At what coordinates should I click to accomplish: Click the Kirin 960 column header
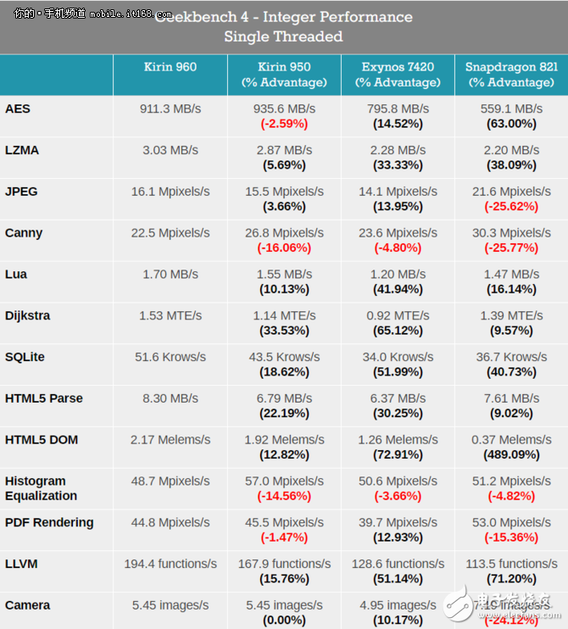tap(170, 67)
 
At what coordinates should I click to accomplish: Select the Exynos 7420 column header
tap(398, 75)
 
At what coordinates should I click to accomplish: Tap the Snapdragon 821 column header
tap(511, 75)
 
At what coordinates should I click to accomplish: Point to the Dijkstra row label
tap(28, 316)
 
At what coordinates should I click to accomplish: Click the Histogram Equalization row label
tap(41, 488)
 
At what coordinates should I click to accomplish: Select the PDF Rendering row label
tap(49, 523)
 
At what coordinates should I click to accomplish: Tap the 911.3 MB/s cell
tap(170, 109)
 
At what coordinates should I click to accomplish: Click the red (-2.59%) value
tap(283, 124)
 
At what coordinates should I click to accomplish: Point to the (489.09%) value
tap(511, 454)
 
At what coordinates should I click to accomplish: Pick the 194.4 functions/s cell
tap(170, 564)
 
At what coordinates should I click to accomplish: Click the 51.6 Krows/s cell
tap(170, 358)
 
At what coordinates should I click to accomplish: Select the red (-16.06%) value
tap(283, 248)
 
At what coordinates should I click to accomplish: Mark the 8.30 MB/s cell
tap(170, 398)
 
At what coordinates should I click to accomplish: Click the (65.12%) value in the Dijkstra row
tap(398, 331)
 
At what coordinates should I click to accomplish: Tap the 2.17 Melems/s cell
tap(170, 440)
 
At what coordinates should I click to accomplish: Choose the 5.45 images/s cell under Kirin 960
tap(170, 605)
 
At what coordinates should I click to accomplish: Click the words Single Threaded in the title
tap(283, 36)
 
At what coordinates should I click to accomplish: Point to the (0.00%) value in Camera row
tap(283, 620)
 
